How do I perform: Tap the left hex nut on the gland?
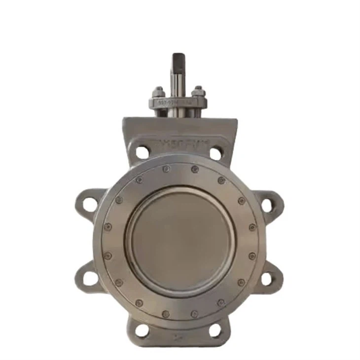click(x=158, y=92)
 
